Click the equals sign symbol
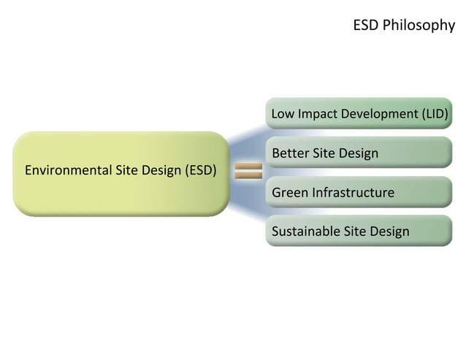tap(248, 172)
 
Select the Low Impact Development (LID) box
tap(359, 114)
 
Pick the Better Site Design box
tap(359, 153)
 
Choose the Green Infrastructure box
tap(359, 192)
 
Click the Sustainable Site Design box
tap(359, 231)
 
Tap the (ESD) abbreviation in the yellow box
tap(201, 172)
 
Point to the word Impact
tap(316, 115)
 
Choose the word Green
tap(290, 193)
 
